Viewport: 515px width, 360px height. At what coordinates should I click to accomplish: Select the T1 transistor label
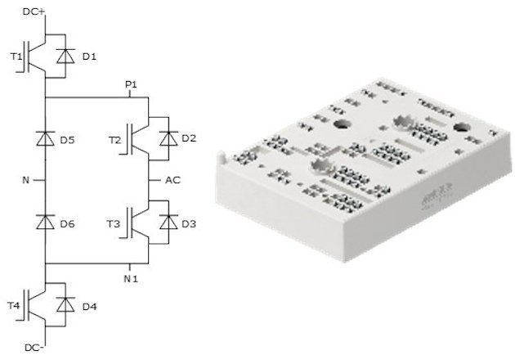click(x=15, y=56)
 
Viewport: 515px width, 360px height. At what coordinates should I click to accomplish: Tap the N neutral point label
click(x=27, y=179)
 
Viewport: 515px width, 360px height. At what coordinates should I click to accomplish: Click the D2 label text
click(x=189, y=138)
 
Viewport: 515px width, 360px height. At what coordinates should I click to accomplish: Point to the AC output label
click(x=172, y=179)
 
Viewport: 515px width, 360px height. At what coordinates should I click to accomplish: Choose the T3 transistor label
click(x=114, y=222)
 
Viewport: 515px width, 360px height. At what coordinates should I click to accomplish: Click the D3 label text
click(x=189, y=222)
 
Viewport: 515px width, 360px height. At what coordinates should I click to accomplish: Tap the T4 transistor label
click(x=15, y=305)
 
